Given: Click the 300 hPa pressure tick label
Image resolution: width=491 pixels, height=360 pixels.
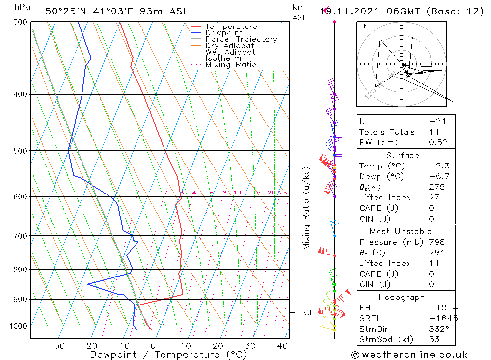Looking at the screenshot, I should (20, 22).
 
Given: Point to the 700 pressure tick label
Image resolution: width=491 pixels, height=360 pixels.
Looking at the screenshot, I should (20, 236).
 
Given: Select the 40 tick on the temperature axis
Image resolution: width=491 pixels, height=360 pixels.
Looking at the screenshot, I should (282, 346).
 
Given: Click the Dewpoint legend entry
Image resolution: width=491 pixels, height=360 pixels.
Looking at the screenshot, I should (223, 33).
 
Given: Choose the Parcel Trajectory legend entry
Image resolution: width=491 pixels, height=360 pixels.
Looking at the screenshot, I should (241, 39).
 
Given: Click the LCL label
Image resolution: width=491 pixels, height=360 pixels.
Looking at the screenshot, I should (306, 313).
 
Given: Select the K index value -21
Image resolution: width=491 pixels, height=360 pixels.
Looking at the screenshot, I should (434, 121).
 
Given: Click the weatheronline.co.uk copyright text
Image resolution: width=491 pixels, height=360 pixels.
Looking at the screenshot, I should (409, 355).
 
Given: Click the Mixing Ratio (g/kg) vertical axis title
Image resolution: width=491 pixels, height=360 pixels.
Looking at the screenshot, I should (306, 208).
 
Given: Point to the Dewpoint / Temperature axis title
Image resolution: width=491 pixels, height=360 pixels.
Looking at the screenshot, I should (168, 355).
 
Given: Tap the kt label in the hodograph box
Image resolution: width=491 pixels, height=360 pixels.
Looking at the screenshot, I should (363, 26).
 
